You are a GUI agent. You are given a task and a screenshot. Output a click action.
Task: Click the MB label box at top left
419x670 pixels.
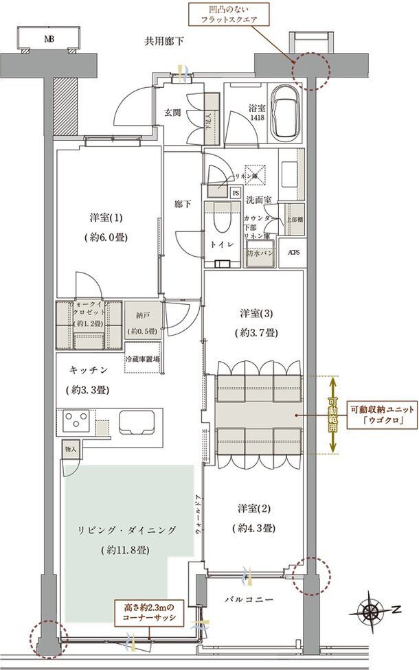(47, 38)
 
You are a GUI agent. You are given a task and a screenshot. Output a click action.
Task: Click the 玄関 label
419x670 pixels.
(172, 113)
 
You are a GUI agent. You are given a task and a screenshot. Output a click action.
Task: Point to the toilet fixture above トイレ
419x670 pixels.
(222, 220)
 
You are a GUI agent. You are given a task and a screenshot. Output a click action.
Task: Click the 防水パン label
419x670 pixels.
(260, 251)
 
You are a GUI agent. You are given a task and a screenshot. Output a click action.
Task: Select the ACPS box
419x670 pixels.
(293, 252)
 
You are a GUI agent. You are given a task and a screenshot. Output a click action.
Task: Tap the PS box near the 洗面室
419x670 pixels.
(236, 194)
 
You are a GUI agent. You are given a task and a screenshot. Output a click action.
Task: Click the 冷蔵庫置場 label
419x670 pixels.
(143, 359)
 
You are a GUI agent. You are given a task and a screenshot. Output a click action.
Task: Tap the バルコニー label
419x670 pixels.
(249, 599)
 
